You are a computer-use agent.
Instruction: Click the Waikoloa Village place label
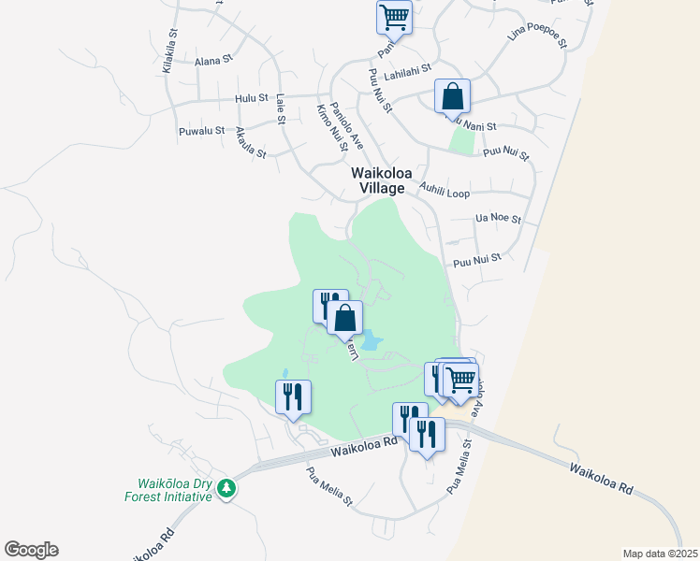(378, 180)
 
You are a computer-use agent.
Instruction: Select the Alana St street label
(213, 61)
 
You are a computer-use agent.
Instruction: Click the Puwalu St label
(201, 131)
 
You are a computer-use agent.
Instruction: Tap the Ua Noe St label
(498, 219)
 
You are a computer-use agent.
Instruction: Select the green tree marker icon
(226, 488)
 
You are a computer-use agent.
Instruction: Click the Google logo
(31, 550)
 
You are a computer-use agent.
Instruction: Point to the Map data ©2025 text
(660, 553)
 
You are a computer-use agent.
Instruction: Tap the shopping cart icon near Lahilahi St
(395, 17)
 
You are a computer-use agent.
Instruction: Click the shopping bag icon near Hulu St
(452, 96)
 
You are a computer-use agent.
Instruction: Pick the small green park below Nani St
(461, 140)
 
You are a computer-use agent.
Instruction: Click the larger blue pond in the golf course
(371, 340)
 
